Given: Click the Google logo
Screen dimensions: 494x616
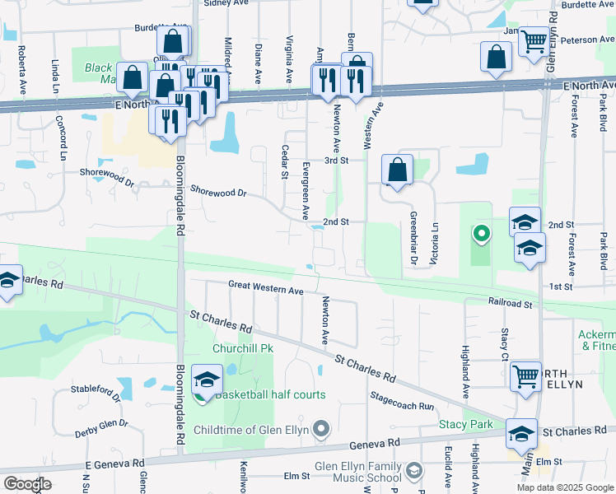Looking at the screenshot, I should point(26,484).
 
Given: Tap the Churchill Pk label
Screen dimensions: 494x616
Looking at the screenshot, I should point(242,348).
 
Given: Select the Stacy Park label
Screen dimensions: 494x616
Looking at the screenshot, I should point(465,424).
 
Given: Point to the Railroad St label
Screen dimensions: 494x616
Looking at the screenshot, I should point(510,303).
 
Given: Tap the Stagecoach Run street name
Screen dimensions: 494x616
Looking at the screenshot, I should point(402,401).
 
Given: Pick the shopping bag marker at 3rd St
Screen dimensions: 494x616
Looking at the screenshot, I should point(397,170).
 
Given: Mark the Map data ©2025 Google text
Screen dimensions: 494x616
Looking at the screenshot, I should point(565,487).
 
